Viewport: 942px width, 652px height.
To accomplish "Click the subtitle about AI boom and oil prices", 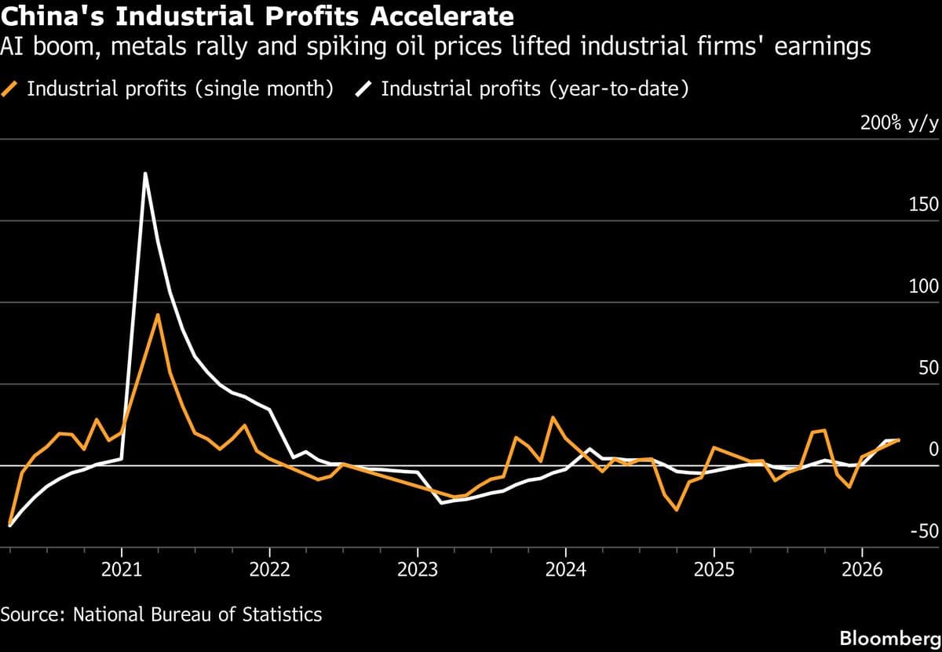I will pyautogui.click(x=436, y=47).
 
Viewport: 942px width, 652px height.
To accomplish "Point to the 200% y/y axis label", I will pyautogui.click(x=899, y=123).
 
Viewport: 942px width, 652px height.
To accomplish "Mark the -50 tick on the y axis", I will pyautogui.click(x=924, y=531).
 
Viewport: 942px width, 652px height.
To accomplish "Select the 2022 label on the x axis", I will pyautogui.click(x=269, y=570).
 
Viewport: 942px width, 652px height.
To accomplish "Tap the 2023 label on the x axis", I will pyautogui.click(x=418, y=570).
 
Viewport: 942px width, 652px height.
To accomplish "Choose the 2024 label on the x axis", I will pyautogui.click(x=565, y=570).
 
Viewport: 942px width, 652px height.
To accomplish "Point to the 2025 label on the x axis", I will pyautogui.click(x=714, y=570).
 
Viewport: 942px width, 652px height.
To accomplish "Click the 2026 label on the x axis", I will pyautogui.click(x=862, y=570).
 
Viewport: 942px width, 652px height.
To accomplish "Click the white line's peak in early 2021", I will pyautogui.click(x=144, y=173).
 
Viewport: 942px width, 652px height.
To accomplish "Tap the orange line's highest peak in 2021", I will pyautogui.click(x=158, y=315).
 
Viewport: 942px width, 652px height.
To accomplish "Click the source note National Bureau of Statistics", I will pyautogui.click(x=161, y=614).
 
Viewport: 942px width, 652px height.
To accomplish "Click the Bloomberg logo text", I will pyautogui.click(x=889, y=638).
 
